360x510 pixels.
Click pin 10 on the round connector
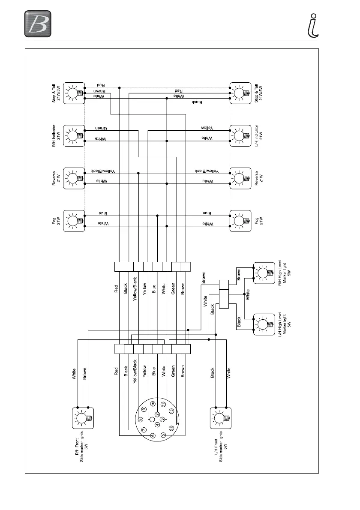[x=153, y=404]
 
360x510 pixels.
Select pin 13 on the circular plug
[x=171, y=428]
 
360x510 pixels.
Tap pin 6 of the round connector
[x=153, y=435]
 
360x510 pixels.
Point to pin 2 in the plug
[x=157, y=414]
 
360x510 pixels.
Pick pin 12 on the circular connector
[x=171, y=411]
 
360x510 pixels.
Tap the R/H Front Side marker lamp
[x=83, y=418]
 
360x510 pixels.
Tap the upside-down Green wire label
[x=101, y=128]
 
